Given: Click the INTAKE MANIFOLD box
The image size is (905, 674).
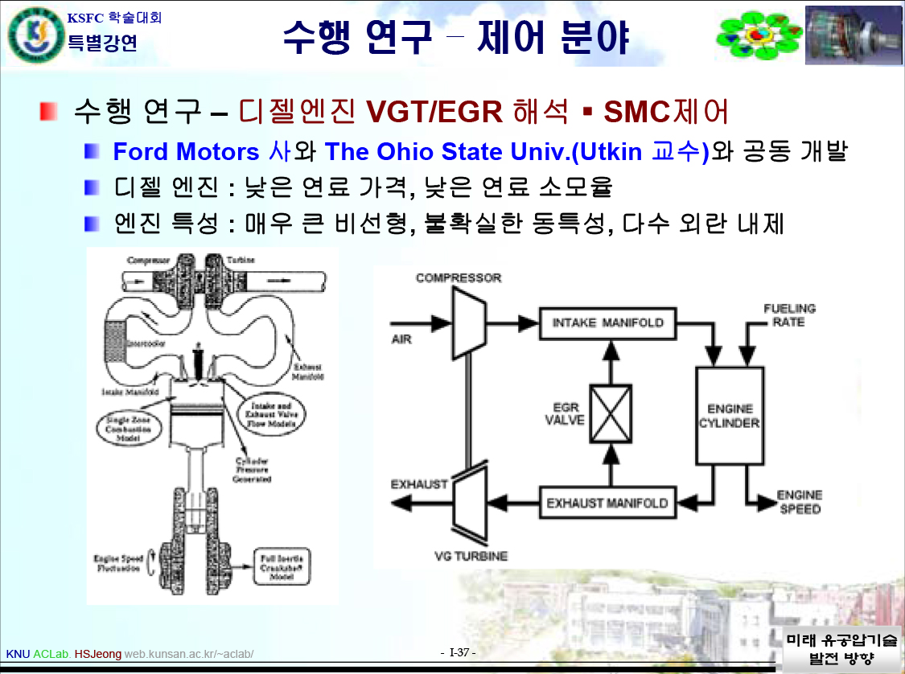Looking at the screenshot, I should point(608,323).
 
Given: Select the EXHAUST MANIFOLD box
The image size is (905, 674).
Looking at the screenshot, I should point(607,503).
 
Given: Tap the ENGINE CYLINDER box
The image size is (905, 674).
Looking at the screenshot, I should point(729,415).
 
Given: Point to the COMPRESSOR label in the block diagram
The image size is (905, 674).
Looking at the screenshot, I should point(459,278).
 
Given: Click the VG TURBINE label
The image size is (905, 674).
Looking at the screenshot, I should point(471,556).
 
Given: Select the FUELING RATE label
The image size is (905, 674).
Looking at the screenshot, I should point(788,314).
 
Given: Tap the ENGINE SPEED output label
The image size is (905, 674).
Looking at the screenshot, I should point(799,502).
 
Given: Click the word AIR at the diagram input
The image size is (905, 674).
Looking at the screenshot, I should point(401,339).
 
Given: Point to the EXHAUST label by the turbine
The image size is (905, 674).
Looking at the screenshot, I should point(419,484).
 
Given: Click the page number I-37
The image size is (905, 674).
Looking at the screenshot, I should point(460,651).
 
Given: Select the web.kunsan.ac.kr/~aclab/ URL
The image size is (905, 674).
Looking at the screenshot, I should point(189,654).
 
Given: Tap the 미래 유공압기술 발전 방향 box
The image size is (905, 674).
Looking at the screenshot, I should point(841,649).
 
